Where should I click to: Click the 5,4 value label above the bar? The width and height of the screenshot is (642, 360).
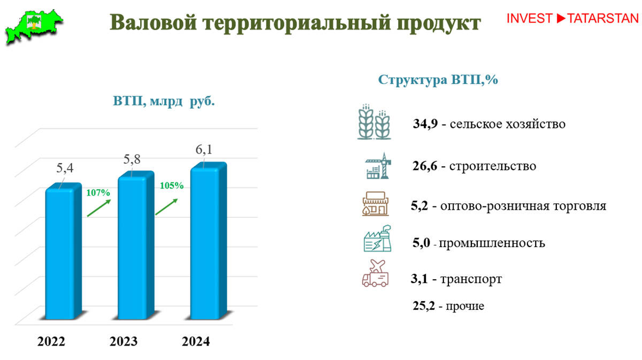[x=65, y=168]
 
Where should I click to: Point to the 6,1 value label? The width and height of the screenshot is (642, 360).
[x=204, y=150]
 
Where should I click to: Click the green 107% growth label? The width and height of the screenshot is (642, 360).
[x=98, y=193]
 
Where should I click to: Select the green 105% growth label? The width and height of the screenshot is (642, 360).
[x=172, y=186]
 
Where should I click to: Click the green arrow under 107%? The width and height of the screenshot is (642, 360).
[x=99, y=208]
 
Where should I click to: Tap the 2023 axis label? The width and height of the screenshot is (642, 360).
[x=124, y=341]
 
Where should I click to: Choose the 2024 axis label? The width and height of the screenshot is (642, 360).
[x=196, y=341]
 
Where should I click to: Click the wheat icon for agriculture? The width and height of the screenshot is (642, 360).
[x=374, y=122]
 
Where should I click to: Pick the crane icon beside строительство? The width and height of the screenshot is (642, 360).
[x=378, y=166]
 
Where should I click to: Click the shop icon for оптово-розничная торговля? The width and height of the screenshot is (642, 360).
[x=376, y=204]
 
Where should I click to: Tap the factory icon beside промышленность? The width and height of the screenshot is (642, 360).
[x=378, y=239]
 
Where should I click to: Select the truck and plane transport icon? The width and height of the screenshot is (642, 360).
[x=376, y=273]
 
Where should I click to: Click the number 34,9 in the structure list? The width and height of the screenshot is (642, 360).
[x=425, y=124]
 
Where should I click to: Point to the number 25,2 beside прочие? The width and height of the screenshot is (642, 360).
[x=424, y=306]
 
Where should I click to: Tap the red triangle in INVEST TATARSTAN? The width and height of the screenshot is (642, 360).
[x=561, y=18]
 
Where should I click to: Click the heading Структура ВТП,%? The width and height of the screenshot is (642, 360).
[x=438, y=80]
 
